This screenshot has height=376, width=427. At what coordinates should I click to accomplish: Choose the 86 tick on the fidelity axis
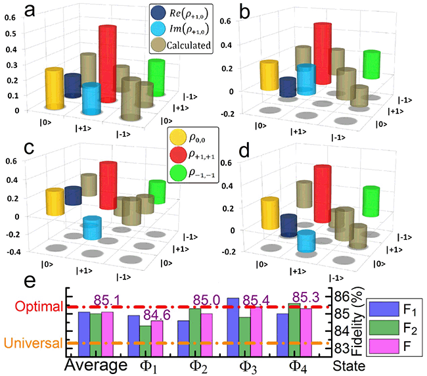tap(340, 296)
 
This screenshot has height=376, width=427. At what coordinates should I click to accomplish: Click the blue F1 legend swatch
tap(381, 307)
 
